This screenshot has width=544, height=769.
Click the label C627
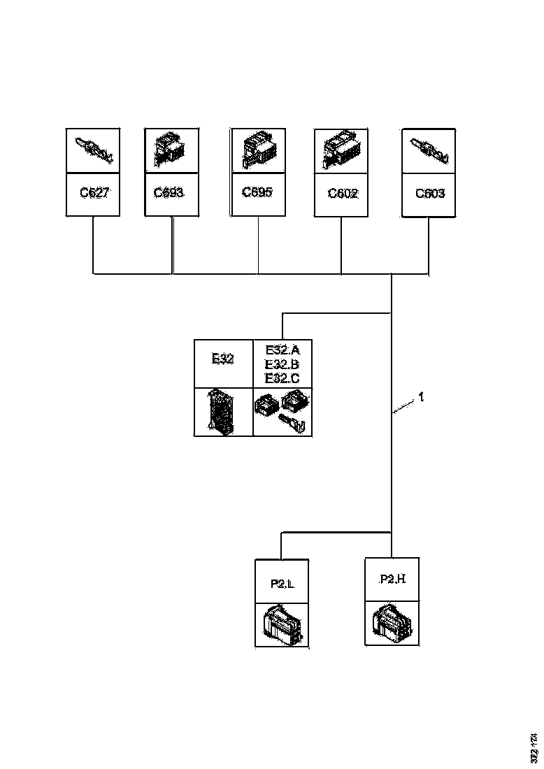[x=94, y=194]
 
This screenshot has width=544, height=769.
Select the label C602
[x=343, y=194]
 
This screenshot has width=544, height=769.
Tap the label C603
[x=429, y=194]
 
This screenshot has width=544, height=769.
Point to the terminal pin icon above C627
[x=94, y=150]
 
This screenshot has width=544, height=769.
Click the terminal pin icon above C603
[x=429, y=150]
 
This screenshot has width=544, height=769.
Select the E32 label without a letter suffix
[x=222, y=359]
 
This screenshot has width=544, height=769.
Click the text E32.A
[x=282, y=350]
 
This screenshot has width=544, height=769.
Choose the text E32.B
[x=282, y=364]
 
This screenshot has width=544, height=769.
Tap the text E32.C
[x=282, y=378]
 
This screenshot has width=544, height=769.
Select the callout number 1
[x=421, y=397]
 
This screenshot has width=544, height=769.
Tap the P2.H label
[x=392, y=579]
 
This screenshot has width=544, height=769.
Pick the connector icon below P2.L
[x=281, y=624]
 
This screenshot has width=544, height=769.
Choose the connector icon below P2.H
[x=392, y=621]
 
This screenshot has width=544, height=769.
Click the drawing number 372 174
[x=534, y=746]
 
